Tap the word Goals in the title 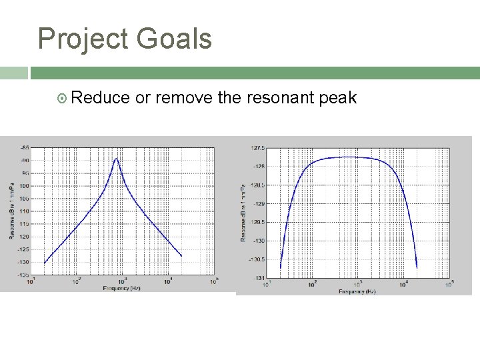(x=175, y=39)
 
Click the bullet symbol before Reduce (x=62, y=99)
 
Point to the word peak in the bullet (x=338, y=99)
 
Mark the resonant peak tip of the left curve (x=117, y=159)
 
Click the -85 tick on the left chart (x=25, y=147)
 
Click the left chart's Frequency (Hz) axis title (x=122, y=288)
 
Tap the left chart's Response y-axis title (x=11, y=211)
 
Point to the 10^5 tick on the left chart (x=214, y=282)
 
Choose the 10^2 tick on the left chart (x=77, y=282)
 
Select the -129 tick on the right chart (x=259, y=203)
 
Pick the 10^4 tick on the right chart (x=403, y=285)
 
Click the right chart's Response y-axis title (x=244, y=212)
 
